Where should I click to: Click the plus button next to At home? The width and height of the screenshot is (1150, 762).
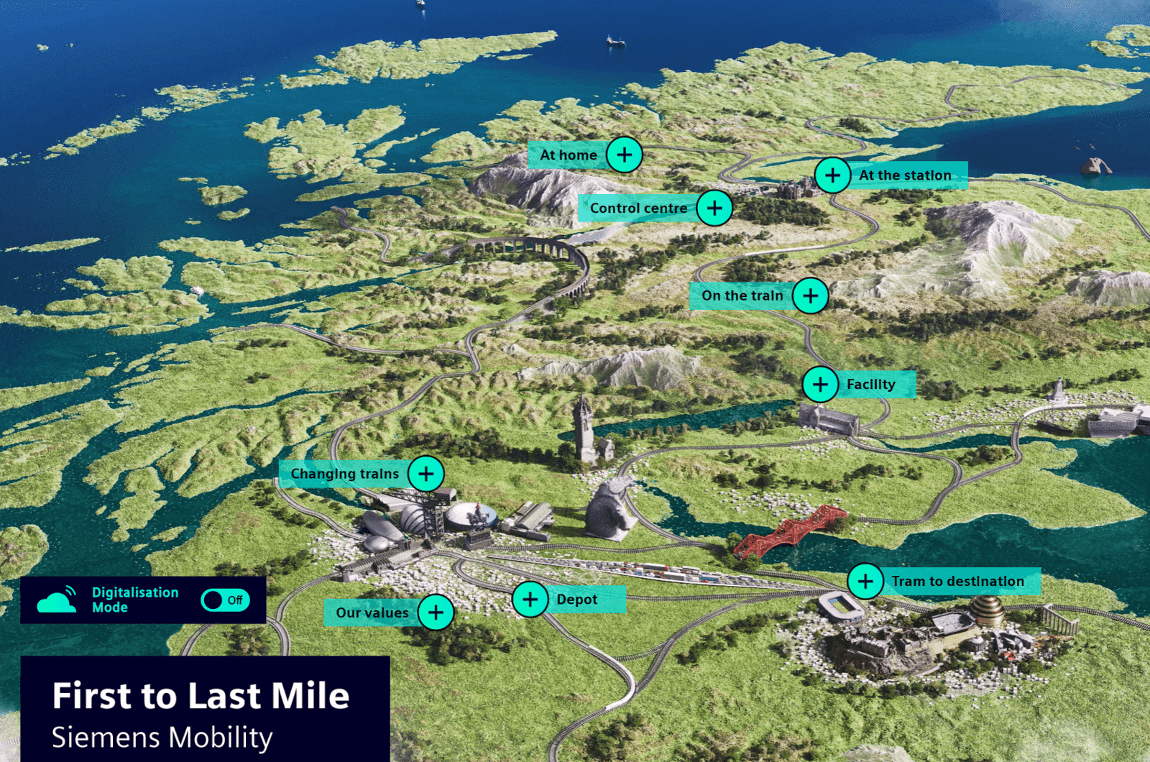tap(624, 155)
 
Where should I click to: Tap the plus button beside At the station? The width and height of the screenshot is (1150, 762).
tap(832, 175)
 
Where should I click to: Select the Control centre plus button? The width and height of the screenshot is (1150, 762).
tap(714, 208)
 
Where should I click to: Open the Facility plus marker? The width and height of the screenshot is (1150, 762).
tap(820, 385)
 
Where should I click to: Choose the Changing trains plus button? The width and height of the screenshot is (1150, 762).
tap(426, 474)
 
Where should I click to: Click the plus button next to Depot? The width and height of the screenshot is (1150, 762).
tap(530, 600)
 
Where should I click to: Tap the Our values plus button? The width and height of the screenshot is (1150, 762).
tap(436, 612)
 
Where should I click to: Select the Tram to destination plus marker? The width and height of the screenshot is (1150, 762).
tap(865, 581)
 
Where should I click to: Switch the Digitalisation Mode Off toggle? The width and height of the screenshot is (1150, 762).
tap(225, 600)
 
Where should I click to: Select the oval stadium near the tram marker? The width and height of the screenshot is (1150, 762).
tap(841, 606)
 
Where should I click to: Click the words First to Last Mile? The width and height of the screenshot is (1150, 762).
tap(201, 696)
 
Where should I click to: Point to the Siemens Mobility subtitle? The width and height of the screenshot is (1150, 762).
tap(162, 738)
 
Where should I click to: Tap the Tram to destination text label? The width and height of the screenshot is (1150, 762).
tap(957, 581)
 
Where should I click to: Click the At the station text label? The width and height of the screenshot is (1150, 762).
tap(905, 175)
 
